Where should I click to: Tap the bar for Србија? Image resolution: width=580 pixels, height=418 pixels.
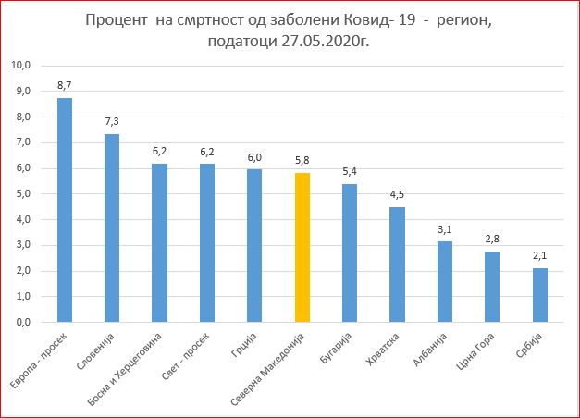coord(540,295)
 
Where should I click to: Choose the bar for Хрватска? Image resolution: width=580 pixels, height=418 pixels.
coord(398,264)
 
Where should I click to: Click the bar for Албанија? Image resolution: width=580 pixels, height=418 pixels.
coord(445,281)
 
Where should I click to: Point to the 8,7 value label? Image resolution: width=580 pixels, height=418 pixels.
coord(65,85)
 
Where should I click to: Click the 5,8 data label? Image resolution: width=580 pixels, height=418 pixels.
coord(302,160)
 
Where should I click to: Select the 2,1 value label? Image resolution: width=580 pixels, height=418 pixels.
coord(540,255)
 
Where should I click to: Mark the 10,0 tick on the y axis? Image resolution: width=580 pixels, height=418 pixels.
coord(21,66)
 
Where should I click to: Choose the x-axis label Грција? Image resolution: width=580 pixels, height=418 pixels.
coord(244,343)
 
